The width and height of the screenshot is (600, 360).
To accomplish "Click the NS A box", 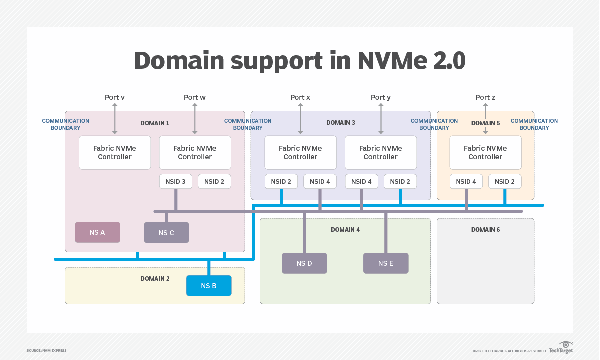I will [x=97, y=232].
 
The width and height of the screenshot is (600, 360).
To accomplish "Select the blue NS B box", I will [x=209, y=286].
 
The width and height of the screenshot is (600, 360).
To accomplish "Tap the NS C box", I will [x=166, y=233].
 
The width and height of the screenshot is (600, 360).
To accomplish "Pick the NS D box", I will [x=304, y=263].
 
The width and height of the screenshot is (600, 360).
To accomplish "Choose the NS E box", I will [x=385, y=263].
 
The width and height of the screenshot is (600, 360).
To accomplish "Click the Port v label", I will [x=115, y=97].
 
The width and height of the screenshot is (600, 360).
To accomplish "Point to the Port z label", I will [x=485, y=97].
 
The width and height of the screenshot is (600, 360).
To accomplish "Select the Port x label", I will [x=300, y=97].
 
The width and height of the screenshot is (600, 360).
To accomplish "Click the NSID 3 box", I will [x=175, y=181].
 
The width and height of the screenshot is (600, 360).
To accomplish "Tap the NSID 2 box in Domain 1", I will [x=214, y=181].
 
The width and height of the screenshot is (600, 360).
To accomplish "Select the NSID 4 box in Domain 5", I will [x=466, y=181].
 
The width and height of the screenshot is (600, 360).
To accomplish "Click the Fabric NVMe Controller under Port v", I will [x=115, y=152].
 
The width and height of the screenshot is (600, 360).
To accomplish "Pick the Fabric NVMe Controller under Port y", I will [x=381, y=152].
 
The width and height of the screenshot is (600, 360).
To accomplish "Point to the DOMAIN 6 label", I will [x=485, y=230].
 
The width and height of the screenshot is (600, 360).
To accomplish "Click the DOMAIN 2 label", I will [x=155, y=279].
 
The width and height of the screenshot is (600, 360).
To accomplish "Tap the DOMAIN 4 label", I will [x=345, y=230].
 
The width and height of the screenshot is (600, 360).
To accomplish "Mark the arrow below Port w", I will [x=195, y=119].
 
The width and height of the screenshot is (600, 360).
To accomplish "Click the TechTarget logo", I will [x=561, y=348].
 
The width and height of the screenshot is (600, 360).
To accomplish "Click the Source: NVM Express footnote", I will [x=46, y=350].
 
